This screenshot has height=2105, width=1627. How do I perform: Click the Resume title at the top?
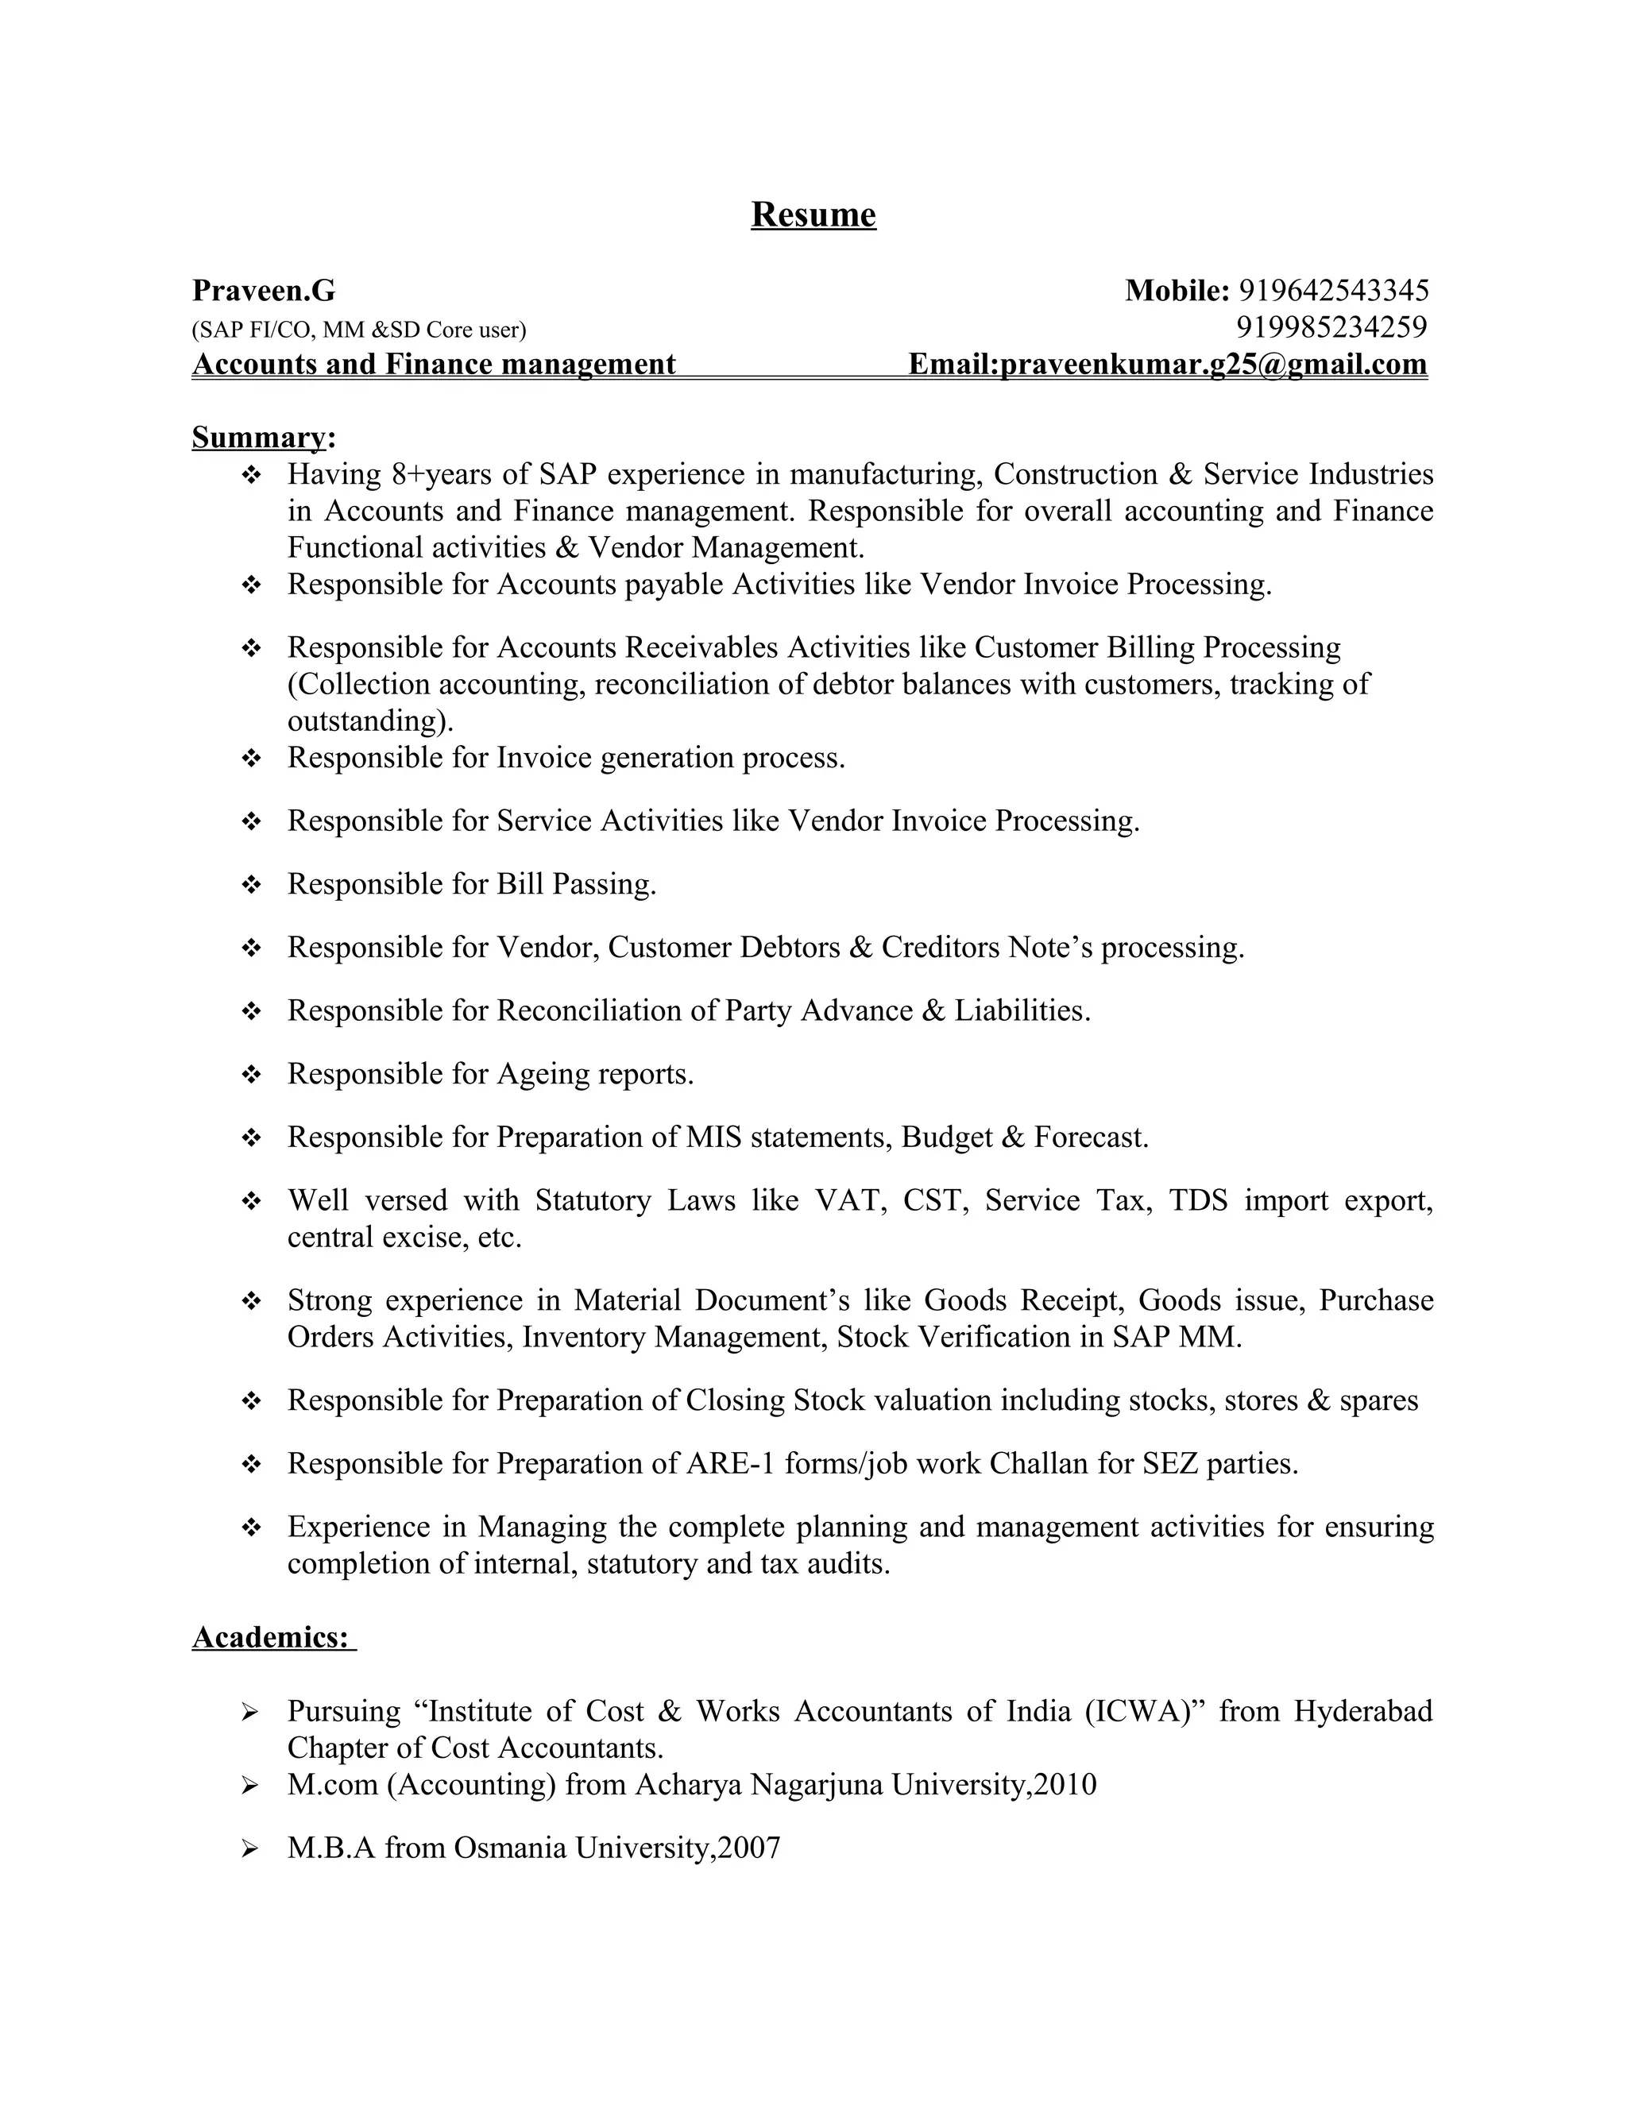click(x=813, y=214)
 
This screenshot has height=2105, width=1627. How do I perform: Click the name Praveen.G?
click(x=263, y=290)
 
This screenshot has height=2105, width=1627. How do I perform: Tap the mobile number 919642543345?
click(x=1332, y=290)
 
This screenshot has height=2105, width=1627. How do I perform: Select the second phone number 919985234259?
click(x=1331, y=328)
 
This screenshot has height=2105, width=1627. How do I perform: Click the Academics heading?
click(x=271, y=1636)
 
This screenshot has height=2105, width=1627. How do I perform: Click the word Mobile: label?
click(x=1177, y=290)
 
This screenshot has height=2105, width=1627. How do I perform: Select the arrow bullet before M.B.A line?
click(x=249, y=1848)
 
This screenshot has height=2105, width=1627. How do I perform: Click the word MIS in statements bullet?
click(x=713, y=1137)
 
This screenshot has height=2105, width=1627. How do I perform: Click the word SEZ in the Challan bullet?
click(x=1170, y=1463)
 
